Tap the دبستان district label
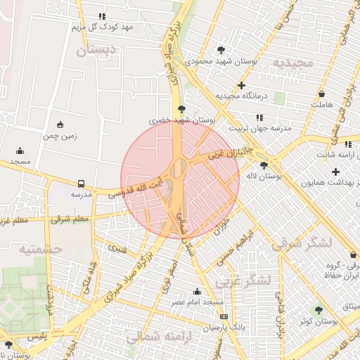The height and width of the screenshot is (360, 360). [94, 51]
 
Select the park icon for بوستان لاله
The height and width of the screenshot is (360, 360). [264, 165]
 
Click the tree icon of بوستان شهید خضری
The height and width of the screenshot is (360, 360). [182, 109]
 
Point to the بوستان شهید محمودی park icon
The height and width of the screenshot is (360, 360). [221, 50]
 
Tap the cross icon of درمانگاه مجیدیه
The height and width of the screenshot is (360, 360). [241, 85]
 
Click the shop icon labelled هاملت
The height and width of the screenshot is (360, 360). [321, 94]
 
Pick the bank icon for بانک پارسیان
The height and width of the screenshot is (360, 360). [223, 317]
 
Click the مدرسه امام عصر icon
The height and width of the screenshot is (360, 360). [198, 291]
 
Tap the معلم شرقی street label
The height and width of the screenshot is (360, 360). [70, 220]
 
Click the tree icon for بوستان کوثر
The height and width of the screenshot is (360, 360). [319, 309]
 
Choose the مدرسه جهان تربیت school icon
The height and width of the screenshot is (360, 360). [259, 117]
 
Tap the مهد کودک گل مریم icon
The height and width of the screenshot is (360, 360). [103, 16]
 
